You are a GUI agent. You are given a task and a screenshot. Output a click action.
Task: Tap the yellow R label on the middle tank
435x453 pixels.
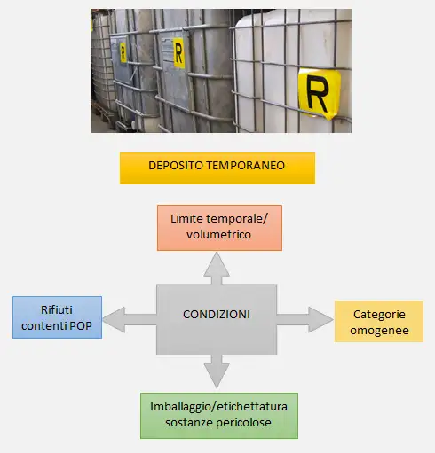point(178,53)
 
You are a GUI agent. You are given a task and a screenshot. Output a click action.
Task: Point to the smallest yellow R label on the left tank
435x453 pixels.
point(123,51)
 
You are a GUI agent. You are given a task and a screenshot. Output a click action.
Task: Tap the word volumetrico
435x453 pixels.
point(218,235)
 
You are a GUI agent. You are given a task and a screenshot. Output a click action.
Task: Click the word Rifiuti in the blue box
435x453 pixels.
point(57,310)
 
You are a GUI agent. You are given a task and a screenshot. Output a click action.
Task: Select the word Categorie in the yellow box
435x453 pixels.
point(378,314)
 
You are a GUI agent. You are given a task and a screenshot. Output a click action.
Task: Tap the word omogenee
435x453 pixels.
point(378,331)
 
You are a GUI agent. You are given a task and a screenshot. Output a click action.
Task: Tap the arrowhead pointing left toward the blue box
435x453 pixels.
point(115,315)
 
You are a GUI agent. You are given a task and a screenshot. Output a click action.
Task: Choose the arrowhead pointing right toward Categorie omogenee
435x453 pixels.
point(320,315)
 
